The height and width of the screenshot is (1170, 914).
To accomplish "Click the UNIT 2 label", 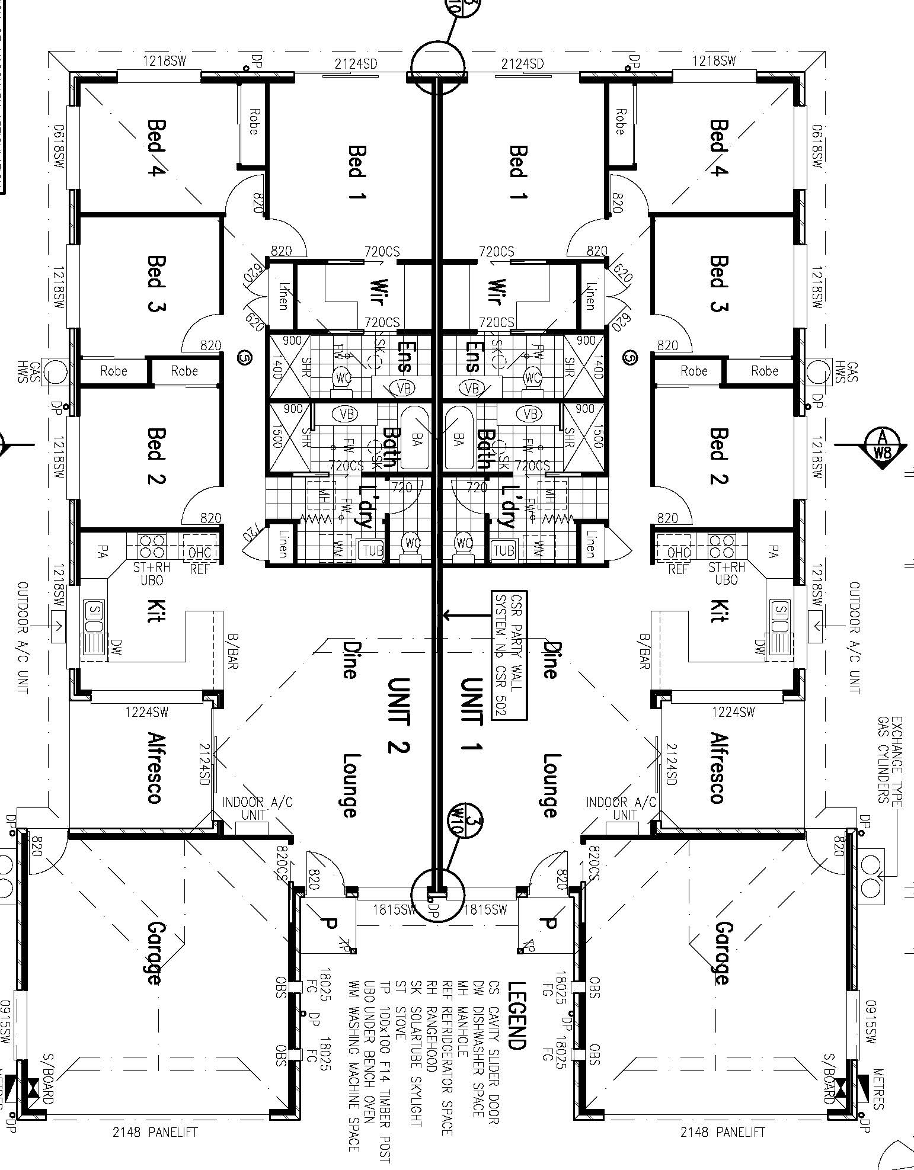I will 398,715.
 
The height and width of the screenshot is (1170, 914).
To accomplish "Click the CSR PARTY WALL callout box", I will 509,655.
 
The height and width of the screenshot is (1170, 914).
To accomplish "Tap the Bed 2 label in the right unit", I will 718,456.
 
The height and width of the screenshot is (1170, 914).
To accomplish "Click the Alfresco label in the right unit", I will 718,768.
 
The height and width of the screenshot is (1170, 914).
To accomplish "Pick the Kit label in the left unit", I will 155,611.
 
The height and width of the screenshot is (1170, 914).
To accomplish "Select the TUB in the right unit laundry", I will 503,550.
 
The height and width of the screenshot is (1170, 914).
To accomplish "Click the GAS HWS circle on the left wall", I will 56,372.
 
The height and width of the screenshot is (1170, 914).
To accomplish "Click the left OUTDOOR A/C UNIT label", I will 23,637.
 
